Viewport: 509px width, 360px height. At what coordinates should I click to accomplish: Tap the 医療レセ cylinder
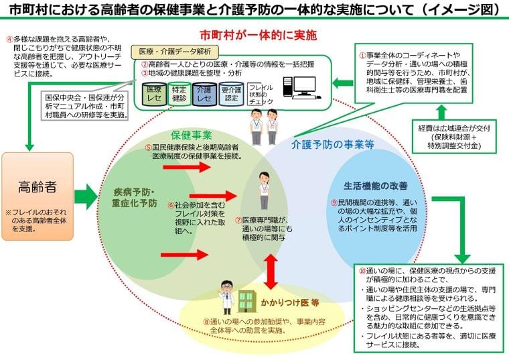point(153,93)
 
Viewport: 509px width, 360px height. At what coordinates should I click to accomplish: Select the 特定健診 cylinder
point(178,93)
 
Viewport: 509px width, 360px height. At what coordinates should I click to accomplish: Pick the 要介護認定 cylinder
point(230,93)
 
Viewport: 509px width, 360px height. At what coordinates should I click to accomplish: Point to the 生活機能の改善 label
point(376,185)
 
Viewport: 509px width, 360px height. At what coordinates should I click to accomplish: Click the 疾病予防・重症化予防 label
point(135,196)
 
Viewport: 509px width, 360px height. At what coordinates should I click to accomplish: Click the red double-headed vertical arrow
point(271,271)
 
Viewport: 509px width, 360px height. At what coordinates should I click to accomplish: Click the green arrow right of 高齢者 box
point(85,196)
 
